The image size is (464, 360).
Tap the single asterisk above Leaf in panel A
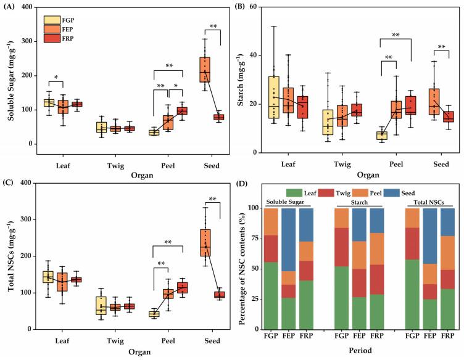[56, 78]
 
